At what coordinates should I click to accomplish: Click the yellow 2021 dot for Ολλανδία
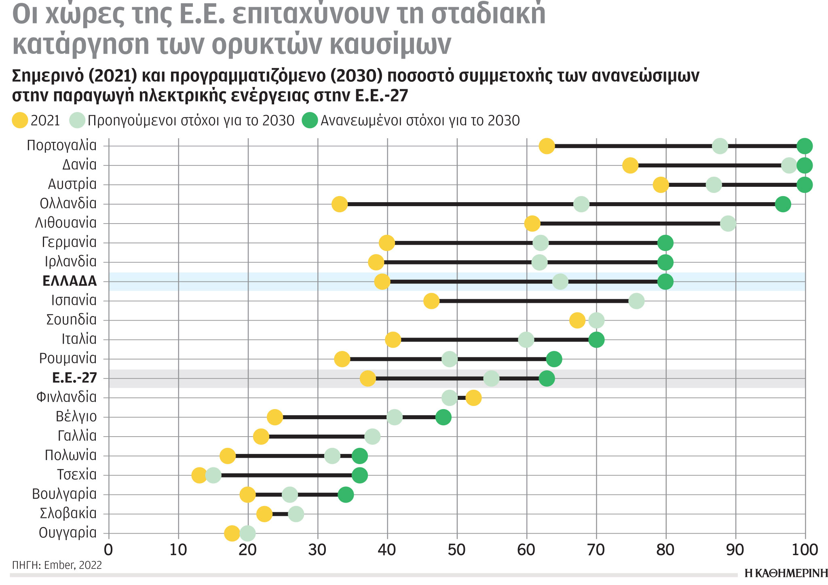pos(340,204)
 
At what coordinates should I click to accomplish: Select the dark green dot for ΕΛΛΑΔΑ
pos(665,281)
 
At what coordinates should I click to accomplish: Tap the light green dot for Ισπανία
pos(636,301)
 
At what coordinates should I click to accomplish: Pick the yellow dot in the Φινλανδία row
pos(473,398)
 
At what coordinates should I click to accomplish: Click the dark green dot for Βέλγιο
pos(443,417)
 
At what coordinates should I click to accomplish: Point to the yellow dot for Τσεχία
pos(199,475)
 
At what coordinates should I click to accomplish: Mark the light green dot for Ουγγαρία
pos(247,533)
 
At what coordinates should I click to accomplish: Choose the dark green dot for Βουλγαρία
pos(345,494)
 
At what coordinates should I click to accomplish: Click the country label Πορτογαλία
pos(61,145)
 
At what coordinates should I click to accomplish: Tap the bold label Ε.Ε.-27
pos(74,378)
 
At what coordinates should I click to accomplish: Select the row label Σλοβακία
pos(68,513)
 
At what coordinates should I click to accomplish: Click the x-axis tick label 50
pos(457,550)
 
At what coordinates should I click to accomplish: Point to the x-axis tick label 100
pos(805,550)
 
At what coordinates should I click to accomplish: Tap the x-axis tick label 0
pos(108,550)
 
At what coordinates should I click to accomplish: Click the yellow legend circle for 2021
pos(20,120)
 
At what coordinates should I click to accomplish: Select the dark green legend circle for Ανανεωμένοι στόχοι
pos(310,120)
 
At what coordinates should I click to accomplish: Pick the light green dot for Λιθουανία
pos(728,224)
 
